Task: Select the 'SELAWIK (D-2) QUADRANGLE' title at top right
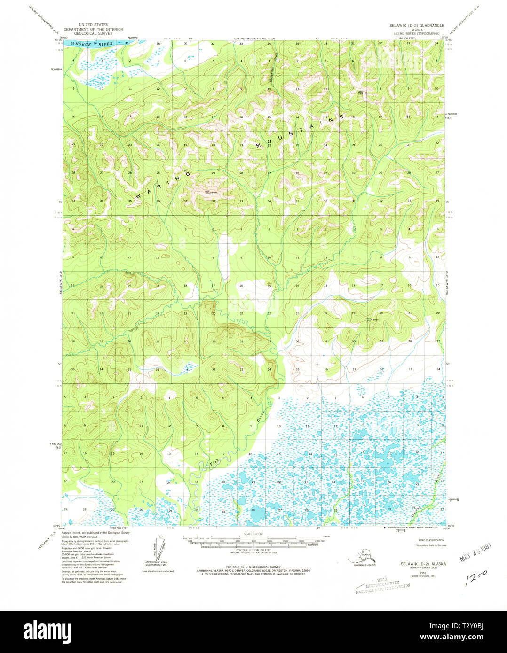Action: tap(414, 25)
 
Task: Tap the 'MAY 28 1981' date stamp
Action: tap(475, 554)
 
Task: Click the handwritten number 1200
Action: tap(475, 578)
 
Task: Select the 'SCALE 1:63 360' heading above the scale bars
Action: tap(254, 534)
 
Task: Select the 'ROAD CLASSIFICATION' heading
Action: tap(431, 540)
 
